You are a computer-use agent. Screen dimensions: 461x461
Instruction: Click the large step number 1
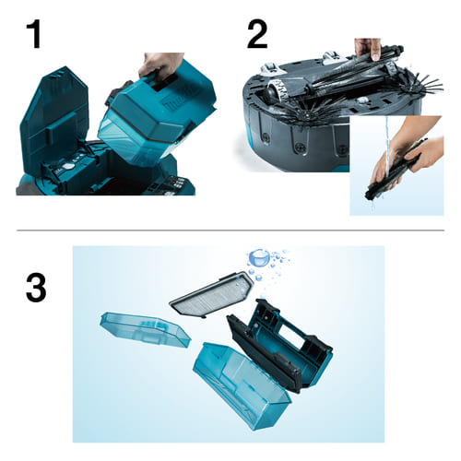[x=35, y=34]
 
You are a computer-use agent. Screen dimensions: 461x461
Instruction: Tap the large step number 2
[x=257, y=34]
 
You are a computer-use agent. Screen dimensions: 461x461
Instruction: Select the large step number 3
[x=36, y=288]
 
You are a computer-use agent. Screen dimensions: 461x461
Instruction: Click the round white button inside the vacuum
[x=68, y=167]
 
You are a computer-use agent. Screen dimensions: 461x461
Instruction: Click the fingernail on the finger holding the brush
[x=375, y=55]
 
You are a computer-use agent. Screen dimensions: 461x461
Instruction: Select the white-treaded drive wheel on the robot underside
[x=279, y=89]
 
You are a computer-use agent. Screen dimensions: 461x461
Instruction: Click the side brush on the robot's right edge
[x=422, y=84]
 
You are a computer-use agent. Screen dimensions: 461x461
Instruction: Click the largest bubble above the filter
[x=259, y=258]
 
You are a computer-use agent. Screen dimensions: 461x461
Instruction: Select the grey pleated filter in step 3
[x=212, y=294]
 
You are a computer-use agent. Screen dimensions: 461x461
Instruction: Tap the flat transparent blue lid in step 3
[x=146, y=329]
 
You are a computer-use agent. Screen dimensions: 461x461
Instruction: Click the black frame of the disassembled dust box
[x=279, y=344]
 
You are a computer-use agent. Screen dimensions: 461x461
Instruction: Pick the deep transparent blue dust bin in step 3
[x=242, y=384]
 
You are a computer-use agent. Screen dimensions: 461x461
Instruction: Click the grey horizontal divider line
[x=230, y=230]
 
